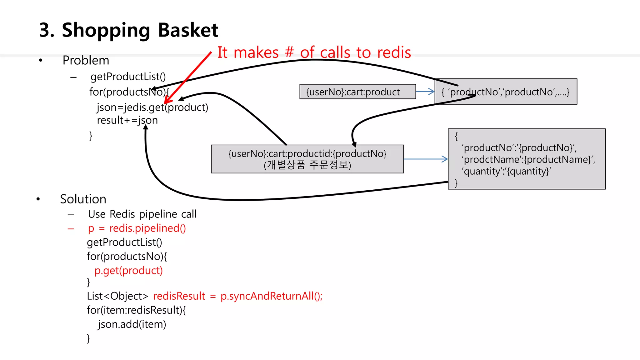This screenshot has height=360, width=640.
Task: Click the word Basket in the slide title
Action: (x=188, y=30)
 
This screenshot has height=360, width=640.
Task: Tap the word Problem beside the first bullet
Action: (x=86, y=60)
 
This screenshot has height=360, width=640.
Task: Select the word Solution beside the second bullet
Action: (x=83, y=199)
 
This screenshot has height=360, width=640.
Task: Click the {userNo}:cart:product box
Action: (x=357, y=92)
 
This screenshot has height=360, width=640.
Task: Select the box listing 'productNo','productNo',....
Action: (x=505, y=92)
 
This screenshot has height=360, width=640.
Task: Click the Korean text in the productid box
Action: (x=307, y=165)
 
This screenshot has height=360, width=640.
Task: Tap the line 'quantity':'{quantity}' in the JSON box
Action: (x=506, y=171)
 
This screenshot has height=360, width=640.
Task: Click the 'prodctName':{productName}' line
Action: (x=528, y=159)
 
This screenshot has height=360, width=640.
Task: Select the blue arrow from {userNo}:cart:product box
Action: (x=425, y=92)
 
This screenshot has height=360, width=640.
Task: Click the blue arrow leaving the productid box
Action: (x=426, y=159)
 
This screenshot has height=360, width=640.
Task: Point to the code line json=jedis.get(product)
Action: (x=152, y=107)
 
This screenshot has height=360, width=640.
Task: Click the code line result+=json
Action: (x=127, y=120)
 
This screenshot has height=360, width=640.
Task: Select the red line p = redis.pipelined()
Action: (x=137, y=228)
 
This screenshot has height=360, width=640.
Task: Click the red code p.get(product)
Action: (x=128, y=270)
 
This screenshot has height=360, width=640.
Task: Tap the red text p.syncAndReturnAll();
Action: (x=271, y=296)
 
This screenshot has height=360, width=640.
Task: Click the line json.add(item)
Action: (x=132, y=324)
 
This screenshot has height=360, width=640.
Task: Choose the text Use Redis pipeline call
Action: (x=142, y=214)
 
